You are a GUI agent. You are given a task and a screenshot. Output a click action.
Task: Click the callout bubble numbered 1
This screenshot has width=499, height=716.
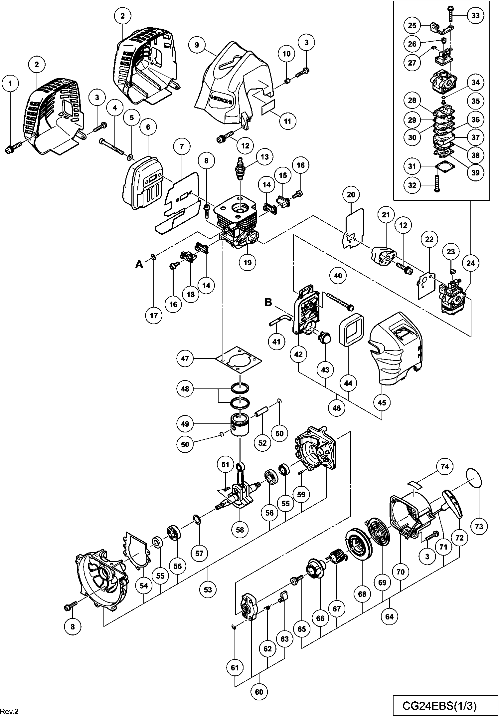[x=10, y=84]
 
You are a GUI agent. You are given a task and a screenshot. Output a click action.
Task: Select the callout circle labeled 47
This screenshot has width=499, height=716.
[x=185, y=358]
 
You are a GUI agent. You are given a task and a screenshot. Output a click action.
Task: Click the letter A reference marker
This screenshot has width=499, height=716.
[x=139, y=264]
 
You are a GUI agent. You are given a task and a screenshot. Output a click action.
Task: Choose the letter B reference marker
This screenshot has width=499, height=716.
[x=268, y=302]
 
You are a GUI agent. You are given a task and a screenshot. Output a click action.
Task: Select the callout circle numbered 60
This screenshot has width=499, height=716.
[x=259, y=692]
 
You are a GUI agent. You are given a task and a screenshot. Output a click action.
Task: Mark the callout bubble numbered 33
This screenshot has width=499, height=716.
[x=476, y=16]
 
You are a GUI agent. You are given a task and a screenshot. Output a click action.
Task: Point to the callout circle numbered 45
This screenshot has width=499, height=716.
[x=382, y=402]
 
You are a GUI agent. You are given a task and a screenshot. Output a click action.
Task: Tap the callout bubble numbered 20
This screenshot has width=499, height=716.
[x=351, y=194]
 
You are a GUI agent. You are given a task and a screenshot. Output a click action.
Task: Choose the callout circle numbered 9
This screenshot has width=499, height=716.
[x=197, y=45]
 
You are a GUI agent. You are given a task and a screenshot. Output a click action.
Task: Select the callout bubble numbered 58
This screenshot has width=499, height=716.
[x=240, y=530]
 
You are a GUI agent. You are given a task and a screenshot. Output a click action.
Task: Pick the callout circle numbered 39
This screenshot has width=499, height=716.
[x=476, y=172]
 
